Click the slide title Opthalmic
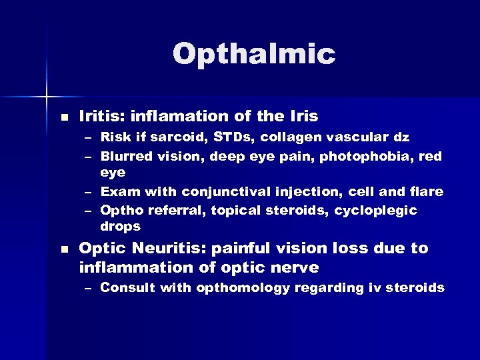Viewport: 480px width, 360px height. point(253,55)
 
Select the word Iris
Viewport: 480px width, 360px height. point(303,116)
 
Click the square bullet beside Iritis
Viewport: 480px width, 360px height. point(64,117)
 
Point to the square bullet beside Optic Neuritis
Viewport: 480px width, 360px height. point(64,249)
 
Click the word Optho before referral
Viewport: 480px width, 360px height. point(119,211)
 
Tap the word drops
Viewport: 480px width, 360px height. point(120,226)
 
